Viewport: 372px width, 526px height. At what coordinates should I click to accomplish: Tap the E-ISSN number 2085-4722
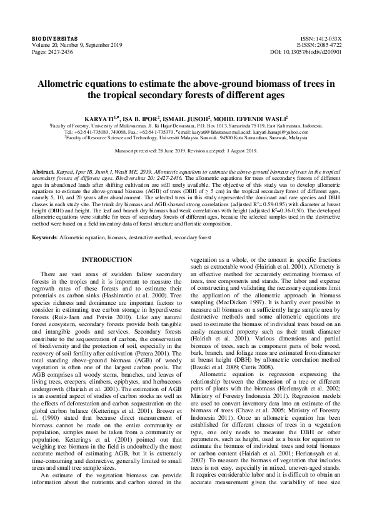(329, 45)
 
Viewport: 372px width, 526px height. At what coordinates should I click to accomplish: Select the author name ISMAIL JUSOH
(199, 117)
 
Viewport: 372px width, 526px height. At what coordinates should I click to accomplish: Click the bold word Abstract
(43, 171)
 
